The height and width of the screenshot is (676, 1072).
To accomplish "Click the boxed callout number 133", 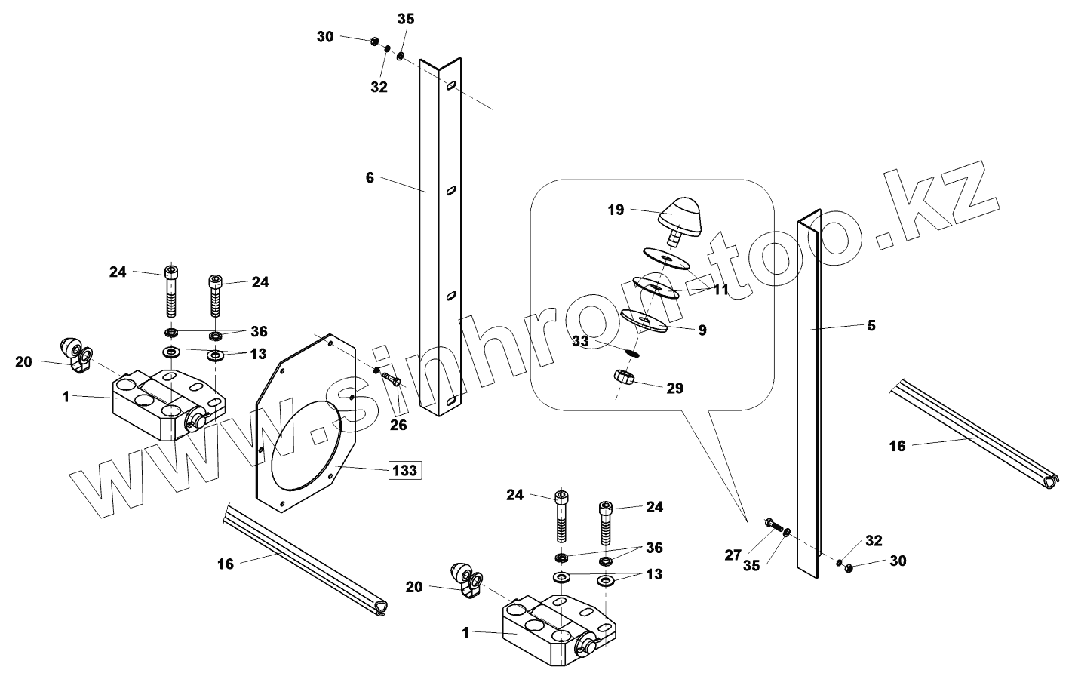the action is [x=404, y=471].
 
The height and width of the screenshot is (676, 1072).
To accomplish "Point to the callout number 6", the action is [x=370, y=178].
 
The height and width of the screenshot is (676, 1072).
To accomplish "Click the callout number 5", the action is [x=871, y=325].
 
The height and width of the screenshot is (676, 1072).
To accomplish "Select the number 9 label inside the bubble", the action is [x=702, y=330].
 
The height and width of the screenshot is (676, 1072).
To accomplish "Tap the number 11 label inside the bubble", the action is [x=720, y=289].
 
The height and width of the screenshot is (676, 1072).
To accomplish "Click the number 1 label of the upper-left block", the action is [x=66, y=396].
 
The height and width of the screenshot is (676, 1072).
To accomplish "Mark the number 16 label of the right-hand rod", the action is [x=896, y=446].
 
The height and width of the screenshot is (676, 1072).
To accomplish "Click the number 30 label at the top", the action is [x=325, y=36].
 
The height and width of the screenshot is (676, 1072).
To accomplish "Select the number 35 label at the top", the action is [x=406, y=20].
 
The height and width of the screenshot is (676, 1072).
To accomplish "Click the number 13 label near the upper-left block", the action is [x=258, y=355].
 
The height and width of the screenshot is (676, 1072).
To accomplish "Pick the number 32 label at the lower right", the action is [x=874, y=541].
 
